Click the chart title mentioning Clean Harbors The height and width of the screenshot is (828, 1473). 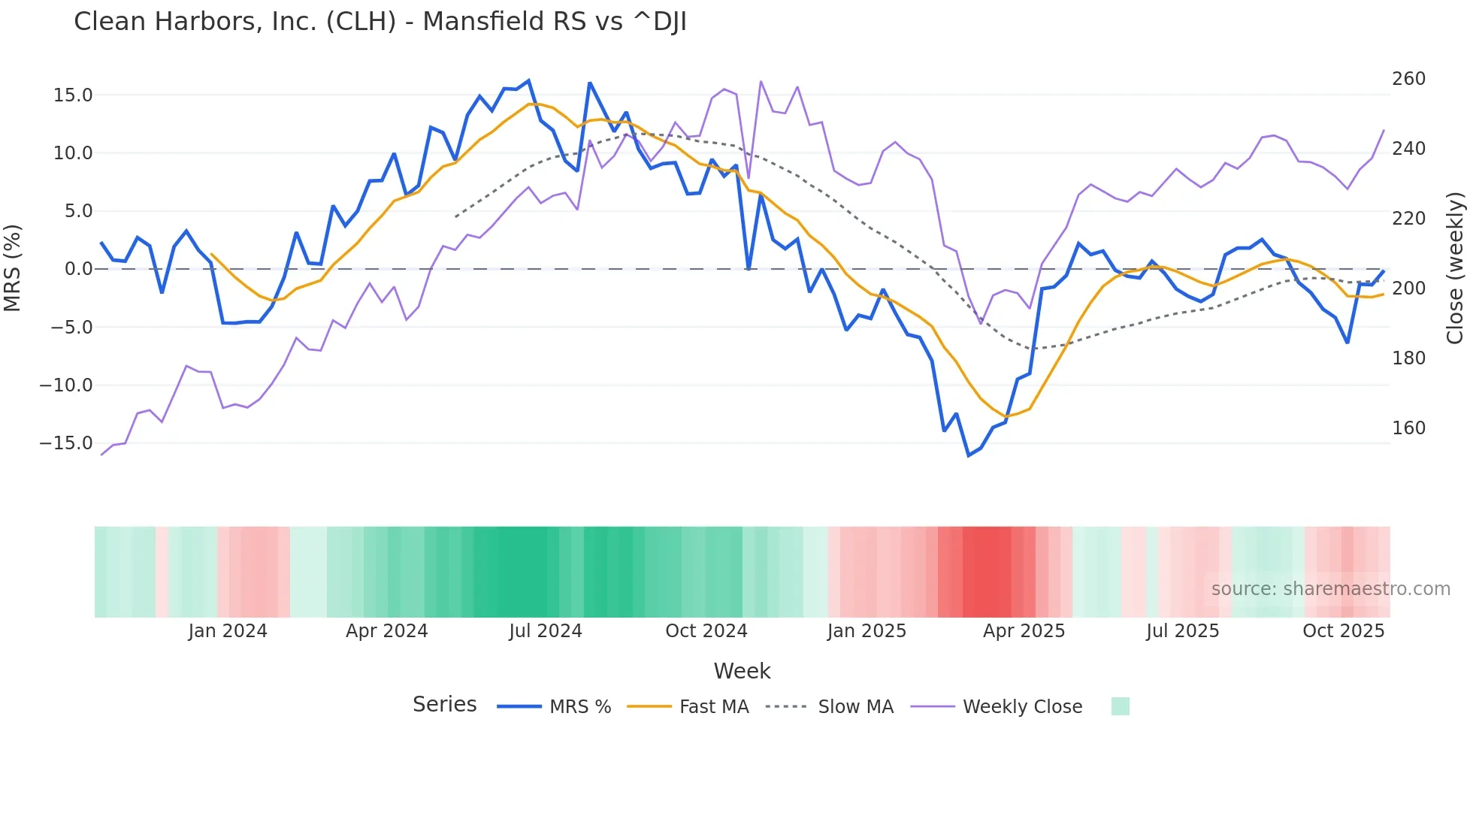coord(380,22)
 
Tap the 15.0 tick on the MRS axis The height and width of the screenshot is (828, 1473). coord(73,95)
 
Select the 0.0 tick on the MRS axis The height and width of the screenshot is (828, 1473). coord(79,269)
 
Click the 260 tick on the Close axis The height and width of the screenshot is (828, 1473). coord(1408,79)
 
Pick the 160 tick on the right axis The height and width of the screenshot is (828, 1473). coord(1408,428)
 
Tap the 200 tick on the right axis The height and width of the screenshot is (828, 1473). coord(1408,289)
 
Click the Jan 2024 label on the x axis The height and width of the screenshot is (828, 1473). coord(228,631)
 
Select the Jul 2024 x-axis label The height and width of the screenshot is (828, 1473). coord(546,631)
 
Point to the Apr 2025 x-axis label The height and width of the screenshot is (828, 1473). coord(1024,631)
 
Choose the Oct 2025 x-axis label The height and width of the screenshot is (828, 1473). coord(1343,631)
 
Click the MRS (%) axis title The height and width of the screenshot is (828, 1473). coord(13,268)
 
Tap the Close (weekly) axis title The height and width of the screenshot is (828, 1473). coord(1455,268)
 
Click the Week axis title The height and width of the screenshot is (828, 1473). coord(742,671)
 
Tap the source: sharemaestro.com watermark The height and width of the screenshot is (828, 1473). coord(1330,589)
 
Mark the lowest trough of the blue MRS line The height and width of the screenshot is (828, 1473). coord(969,455)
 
